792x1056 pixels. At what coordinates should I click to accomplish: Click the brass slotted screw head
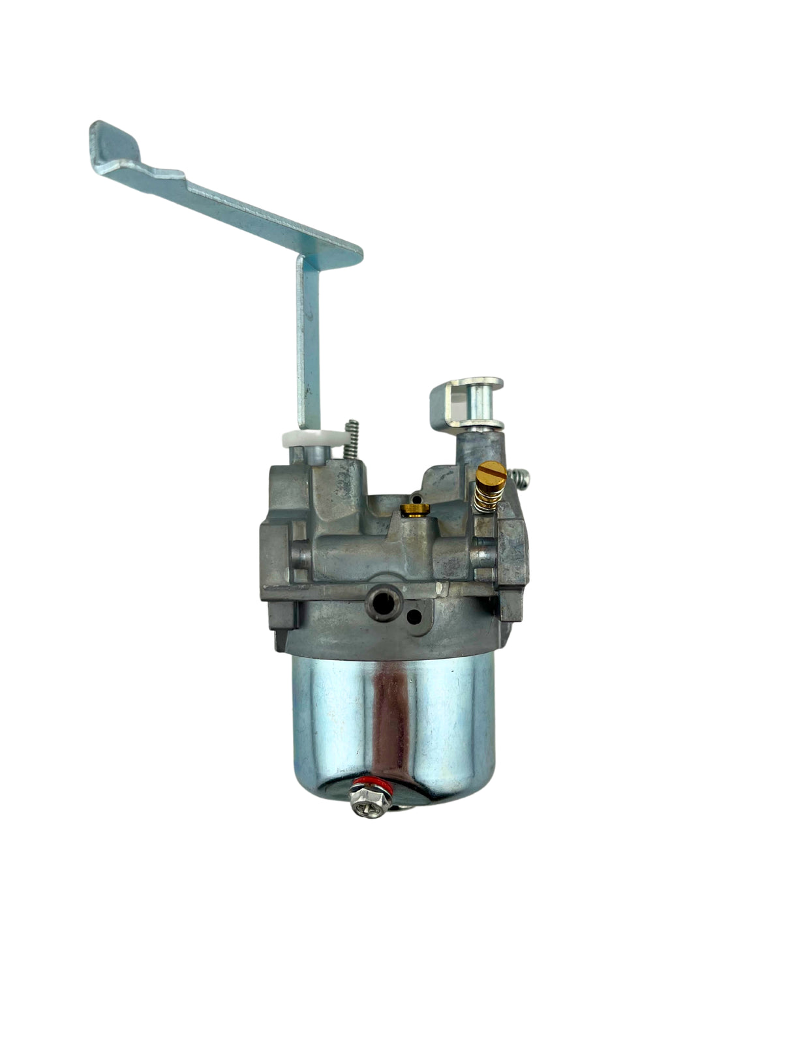click(x=487, y=471)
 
